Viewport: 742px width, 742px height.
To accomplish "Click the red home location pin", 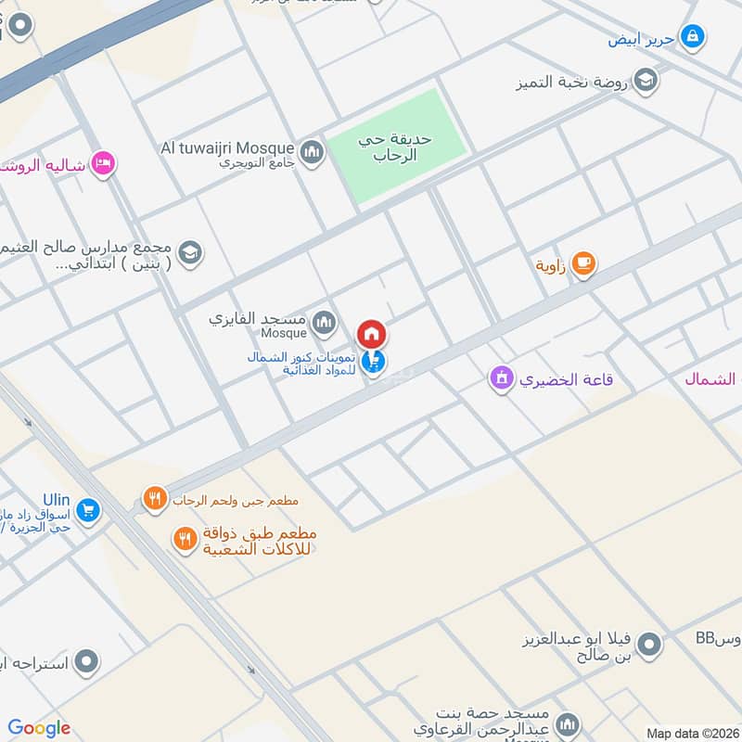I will [x=372, y=334].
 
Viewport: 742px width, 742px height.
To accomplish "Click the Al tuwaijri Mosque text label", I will [x=227, y=147].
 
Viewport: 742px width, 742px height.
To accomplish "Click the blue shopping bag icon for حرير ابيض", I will [x=691, y=38].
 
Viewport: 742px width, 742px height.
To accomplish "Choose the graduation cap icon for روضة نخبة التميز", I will [x=646, y=81].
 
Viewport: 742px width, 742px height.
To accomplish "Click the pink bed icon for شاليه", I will [x=104, y=164].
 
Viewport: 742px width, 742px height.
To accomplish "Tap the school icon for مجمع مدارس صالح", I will [x=190, y=253].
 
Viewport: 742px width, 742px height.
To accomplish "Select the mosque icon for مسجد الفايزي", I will [x=324, y=323].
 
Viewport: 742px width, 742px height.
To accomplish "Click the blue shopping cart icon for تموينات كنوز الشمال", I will [x=374, y=362].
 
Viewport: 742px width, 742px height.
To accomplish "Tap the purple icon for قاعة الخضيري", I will [x=502, y=378].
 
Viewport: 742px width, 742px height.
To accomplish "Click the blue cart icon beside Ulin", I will [x=88, y=509].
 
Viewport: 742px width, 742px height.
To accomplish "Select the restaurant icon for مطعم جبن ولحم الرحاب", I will [x=154, y=500].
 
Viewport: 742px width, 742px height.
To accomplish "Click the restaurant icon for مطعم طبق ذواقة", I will [x=185, y=538].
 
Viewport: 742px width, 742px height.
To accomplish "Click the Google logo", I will [x=39, y=728].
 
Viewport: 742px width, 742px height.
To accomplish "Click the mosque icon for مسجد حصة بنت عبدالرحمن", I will [x=568, y=724].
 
